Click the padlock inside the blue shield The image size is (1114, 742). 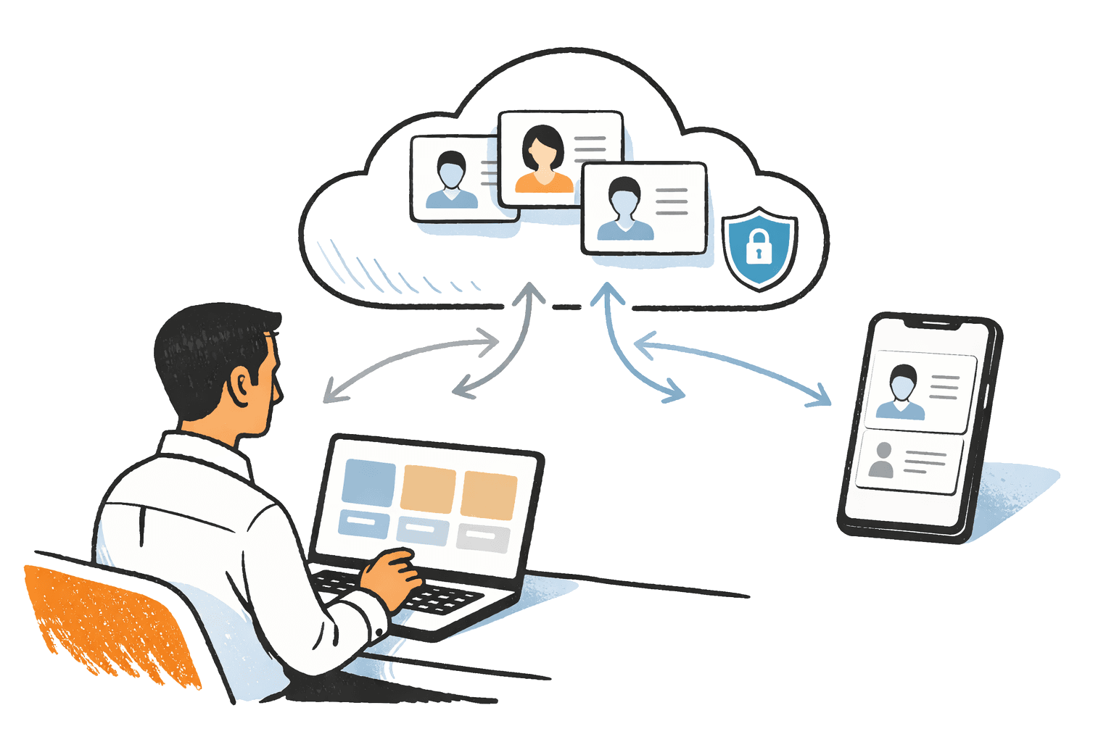coord(758,246)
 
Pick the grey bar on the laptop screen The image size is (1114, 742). coord(484,539)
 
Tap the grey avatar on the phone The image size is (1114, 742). coord(882,461)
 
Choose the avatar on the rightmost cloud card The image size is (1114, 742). coord(625,210)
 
